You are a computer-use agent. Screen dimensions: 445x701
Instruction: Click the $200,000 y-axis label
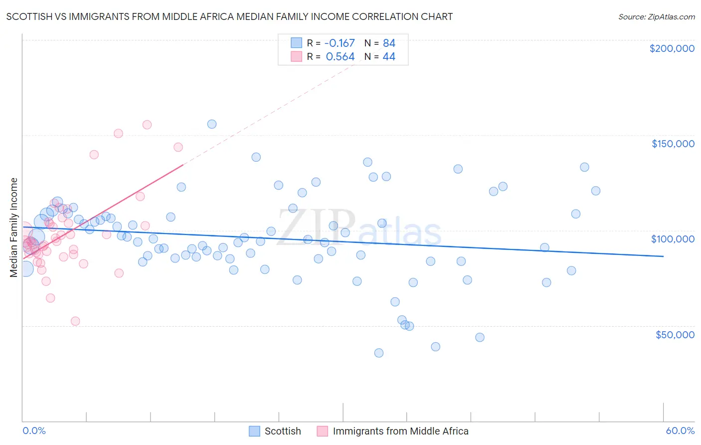click(672, 48)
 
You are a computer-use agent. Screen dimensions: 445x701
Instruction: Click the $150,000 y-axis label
click(673, 144)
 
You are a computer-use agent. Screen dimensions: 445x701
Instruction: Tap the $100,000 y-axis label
click(673, 239)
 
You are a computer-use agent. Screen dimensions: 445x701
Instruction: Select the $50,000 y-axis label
click(675, 334)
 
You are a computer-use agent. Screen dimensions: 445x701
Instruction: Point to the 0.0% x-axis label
click(34, 431)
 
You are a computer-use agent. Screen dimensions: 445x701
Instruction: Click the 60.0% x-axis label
click(680, 431)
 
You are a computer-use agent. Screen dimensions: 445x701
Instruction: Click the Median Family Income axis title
click(13, 227)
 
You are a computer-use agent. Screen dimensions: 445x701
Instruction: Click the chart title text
click(229, 16)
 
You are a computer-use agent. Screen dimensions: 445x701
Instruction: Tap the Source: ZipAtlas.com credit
click(656, 16)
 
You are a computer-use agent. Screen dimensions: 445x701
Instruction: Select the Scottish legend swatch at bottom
click(254, 431)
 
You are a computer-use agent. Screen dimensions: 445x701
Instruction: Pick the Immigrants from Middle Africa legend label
click(400, 431)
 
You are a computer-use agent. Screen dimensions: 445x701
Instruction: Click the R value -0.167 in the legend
click(339, 43)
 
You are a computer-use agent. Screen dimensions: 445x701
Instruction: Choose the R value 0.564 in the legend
click(340, 57)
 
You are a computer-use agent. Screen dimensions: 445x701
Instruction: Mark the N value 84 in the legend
click(389, 43)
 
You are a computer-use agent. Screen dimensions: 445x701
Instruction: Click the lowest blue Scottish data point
click(379, 353)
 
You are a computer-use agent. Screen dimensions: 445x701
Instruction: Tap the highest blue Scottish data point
click(212, 124)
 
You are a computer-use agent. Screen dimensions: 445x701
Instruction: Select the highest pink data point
click(147, 125)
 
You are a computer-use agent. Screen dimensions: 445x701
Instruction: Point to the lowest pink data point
click(75, 321)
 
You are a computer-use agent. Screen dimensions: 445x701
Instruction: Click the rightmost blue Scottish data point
click(595, 191)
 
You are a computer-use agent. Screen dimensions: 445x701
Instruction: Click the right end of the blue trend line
click(663, 256)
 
